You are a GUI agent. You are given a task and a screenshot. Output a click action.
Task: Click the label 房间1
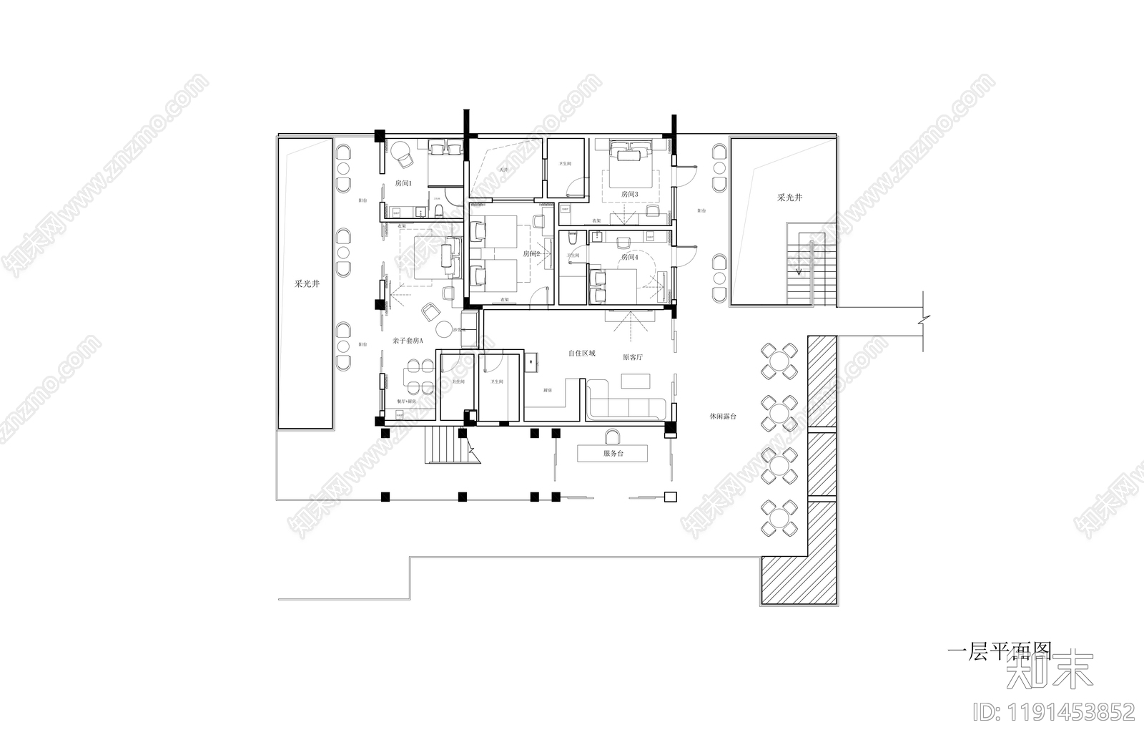(403, 184)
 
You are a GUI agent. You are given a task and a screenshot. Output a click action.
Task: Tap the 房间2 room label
(531, 254)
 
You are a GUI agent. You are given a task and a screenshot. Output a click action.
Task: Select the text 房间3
(629, 195)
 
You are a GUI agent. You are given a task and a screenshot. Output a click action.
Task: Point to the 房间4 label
(629, 257)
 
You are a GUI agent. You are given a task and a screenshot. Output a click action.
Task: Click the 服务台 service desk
(613, 453)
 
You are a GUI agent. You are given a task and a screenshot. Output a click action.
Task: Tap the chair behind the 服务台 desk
(613, 436)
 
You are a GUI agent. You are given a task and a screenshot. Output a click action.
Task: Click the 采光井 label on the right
(789, 197)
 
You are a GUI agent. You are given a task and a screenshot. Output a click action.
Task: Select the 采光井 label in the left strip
(307, 283)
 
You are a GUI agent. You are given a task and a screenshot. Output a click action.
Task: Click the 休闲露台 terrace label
(722, 416)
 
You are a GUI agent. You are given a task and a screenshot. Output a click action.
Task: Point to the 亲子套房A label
(408, 341)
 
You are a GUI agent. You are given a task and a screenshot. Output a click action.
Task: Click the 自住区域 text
(581, 354)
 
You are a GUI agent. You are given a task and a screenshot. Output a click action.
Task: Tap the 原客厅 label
(632, 357)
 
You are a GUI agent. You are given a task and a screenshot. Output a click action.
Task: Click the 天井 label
(503, 170)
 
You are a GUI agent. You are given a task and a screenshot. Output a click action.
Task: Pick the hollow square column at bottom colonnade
(670, 497)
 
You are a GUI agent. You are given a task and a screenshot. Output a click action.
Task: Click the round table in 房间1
(398, 152)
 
